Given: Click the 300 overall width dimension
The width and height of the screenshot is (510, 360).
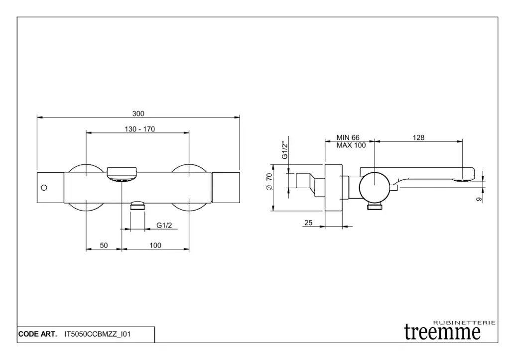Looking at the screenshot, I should [x=138, y=114].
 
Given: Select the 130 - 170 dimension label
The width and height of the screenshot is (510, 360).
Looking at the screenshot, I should [x=139, y=129].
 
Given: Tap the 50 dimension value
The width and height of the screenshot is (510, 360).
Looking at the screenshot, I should [x=104, y=245].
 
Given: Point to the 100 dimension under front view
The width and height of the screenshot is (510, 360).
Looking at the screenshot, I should [x=155, y=245].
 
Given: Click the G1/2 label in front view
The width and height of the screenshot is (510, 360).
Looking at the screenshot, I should [x=164, y=225].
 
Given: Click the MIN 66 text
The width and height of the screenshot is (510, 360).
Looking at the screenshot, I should [x=348, y=138].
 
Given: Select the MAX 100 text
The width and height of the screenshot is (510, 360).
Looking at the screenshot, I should [x=351, y=145].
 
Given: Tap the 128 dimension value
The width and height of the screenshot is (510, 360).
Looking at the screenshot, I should [x=418, y=138].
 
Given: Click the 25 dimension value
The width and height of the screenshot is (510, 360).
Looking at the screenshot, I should [x=308, y=223].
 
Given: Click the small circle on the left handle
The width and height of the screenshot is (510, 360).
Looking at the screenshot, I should [x=44, y=188].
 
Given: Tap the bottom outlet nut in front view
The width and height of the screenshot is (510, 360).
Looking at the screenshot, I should [x=137, y=205].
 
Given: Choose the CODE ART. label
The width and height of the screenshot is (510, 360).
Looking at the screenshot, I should [x=37, y=335].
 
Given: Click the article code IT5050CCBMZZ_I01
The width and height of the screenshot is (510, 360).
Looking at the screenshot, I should [x=98, y=335].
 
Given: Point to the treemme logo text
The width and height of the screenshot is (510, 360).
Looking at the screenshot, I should [x=442, y=332].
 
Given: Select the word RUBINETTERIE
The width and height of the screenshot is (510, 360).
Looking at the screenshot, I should [x=465, y=322].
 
